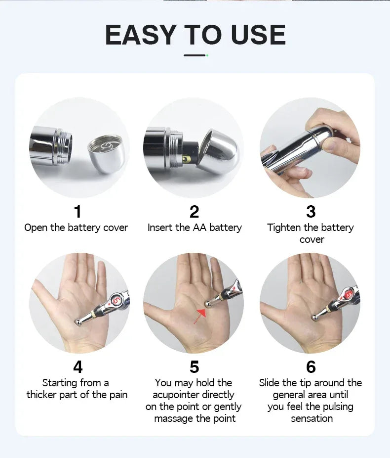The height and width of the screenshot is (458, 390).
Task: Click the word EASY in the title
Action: tap(140, 35)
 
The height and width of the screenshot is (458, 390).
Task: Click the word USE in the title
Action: tap(257, 35)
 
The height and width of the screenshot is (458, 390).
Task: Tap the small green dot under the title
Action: tap(207, 55)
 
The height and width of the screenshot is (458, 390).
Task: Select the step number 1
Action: tap(78, 212)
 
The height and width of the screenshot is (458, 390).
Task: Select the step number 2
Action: tap(195, 212)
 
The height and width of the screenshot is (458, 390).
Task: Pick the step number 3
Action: tap(311, 212)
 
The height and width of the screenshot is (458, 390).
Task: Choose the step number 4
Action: tap(78, 367)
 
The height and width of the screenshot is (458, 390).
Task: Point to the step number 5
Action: tap(195, 367)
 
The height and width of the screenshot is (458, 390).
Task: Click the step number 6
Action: tap(311, 367)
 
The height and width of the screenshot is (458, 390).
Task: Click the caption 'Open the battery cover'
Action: tap(76, 228)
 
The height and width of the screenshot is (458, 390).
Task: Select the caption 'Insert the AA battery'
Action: tap(195, 228)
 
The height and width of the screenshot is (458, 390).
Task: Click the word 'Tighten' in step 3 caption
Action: tap(284, 228)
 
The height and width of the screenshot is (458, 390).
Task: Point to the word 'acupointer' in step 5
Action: tap(193, 395)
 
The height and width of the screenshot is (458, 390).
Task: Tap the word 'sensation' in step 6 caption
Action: tap(312, 418)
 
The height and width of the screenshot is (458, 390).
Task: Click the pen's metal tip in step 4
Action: tap(78, 322)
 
